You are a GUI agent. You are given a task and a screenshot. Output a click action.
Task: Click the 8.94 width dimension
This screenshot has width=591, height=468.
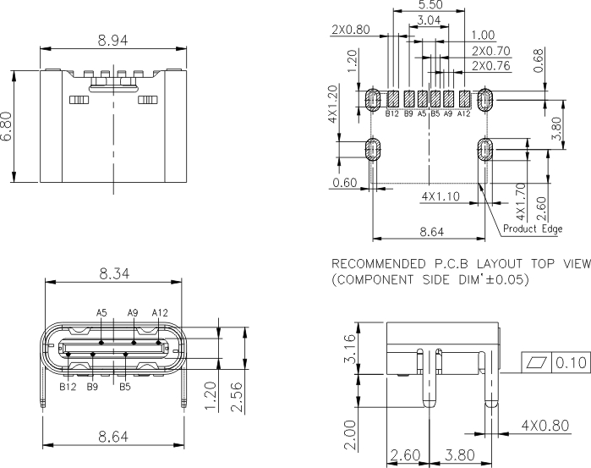point(113,39)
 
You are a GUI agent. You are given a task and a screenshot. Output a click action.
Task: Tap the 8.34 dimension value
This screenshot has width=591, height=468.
point(114,273)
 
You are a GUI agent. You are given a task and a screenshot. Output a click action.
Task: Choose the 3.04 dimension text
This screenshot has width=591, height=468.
point(429,19)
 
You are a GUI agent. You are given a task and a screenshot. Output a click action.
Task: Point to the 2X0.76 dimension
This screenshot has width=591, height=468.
point(490,65)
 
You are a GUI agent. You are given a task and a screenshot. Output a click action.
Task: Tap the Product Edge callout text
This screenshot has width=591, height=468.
point(533,228)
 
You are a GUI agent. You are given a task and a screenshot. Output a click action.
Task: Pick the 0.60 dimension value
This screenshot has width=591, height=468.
point(344,183)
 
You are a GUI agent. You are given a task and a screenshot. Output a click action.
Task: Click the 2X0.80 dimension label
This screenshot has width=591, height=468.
point(352,30)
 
